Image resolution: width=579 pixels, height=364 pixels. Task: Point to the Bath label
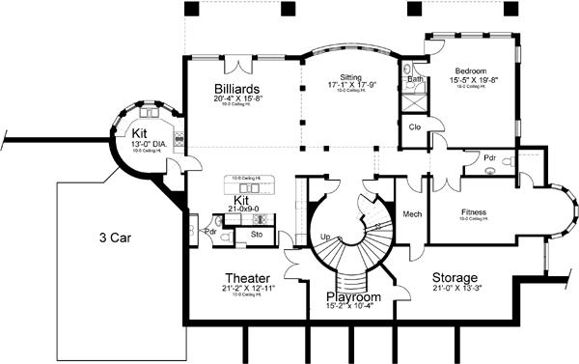pyautogui.click(x=414, y=79)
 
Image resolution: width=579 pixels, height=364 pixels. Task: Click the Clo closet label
pyautogui.click(x=413, y=126)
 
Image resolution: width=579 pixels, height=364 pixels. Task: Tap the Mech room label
pyautogui.click(x=410, y=213)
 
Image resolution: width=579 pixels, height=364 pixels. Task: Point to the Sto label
pyautogui.click(x=257, y=233)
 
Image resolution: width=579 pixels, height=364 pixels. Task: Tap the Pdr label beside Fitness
pyautogui.click(x=490, y=158)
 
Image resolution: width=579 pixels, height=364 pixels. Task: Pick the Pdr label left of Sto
pyautogui.click(x=211, y=232)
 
